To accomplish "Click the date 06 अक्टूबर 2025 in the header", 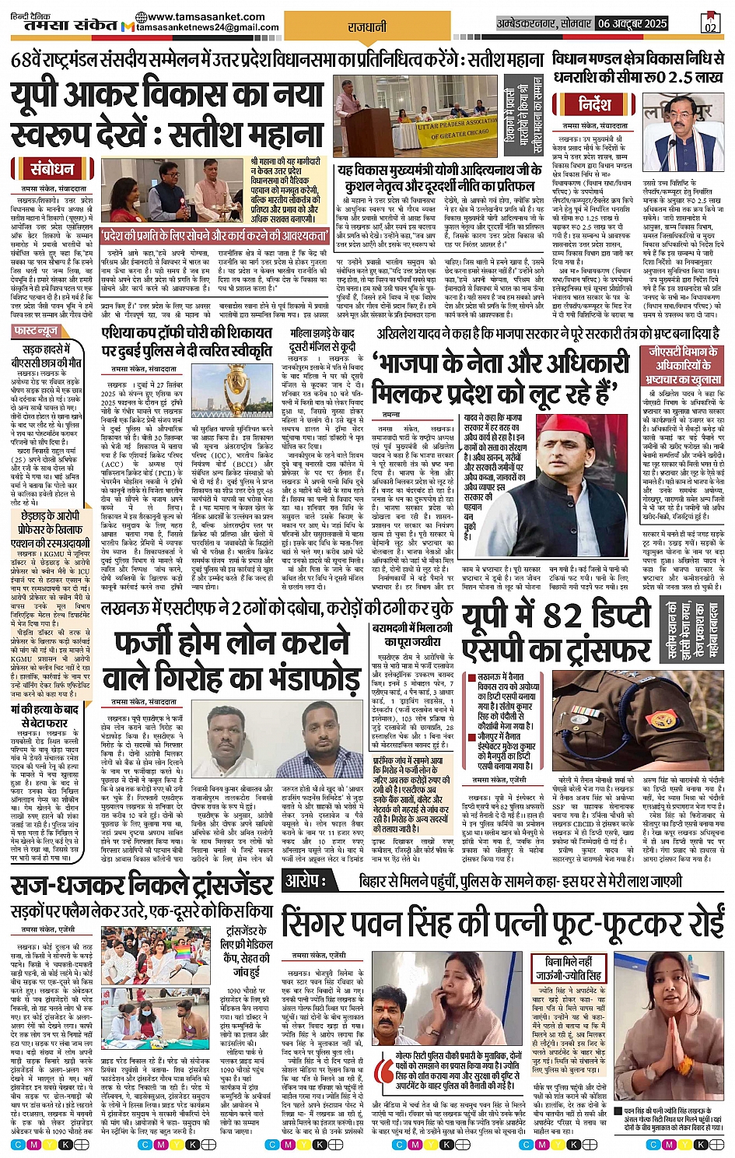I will point(632,24).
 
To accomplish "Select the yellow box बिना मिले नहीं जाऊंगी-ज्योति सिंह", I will point(568,970).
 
